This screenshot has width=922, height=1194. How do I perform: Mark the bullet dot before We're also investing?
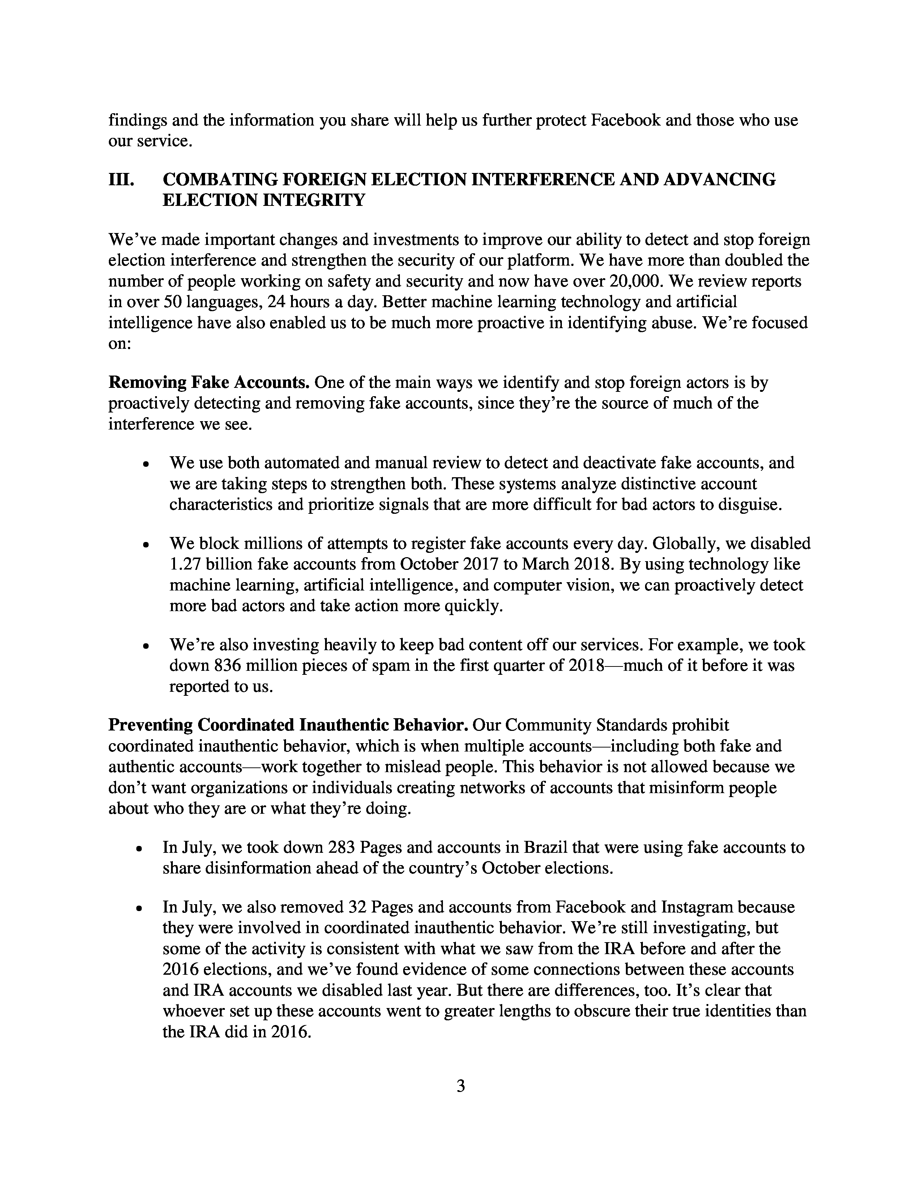tap(145, 646)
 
